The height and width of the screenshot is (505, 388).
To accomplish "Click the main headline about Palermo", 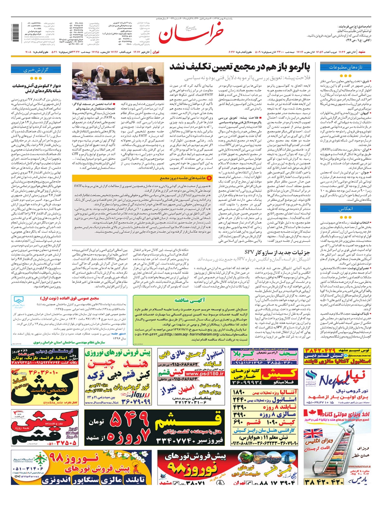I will pyautogui.click(x=240, y=67).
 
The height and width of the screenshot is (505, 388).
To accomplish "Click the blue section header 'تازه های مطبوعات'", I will pyautogui.click(x=345, y=67).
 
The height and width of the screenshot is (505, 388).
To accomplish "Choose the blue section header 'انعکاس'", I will pyautogui.click(x=345, y=209).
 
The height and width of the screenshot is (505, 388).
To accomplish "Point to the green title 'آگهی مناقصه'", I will pyautogui.click(x=190, y=300).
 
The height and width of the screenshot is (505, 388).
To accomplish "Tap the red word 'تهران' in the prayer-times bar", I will pyautogui.click(x=156, y=52).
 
